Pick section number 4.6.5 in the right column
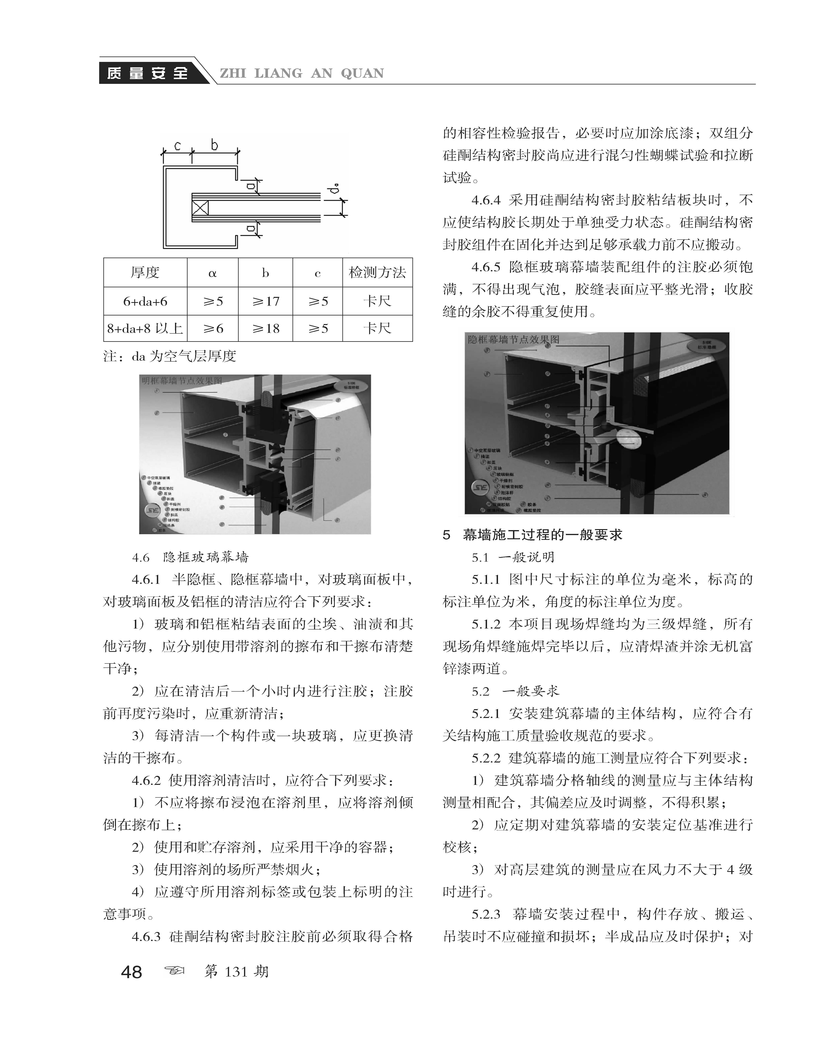(x=486, y=267)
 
